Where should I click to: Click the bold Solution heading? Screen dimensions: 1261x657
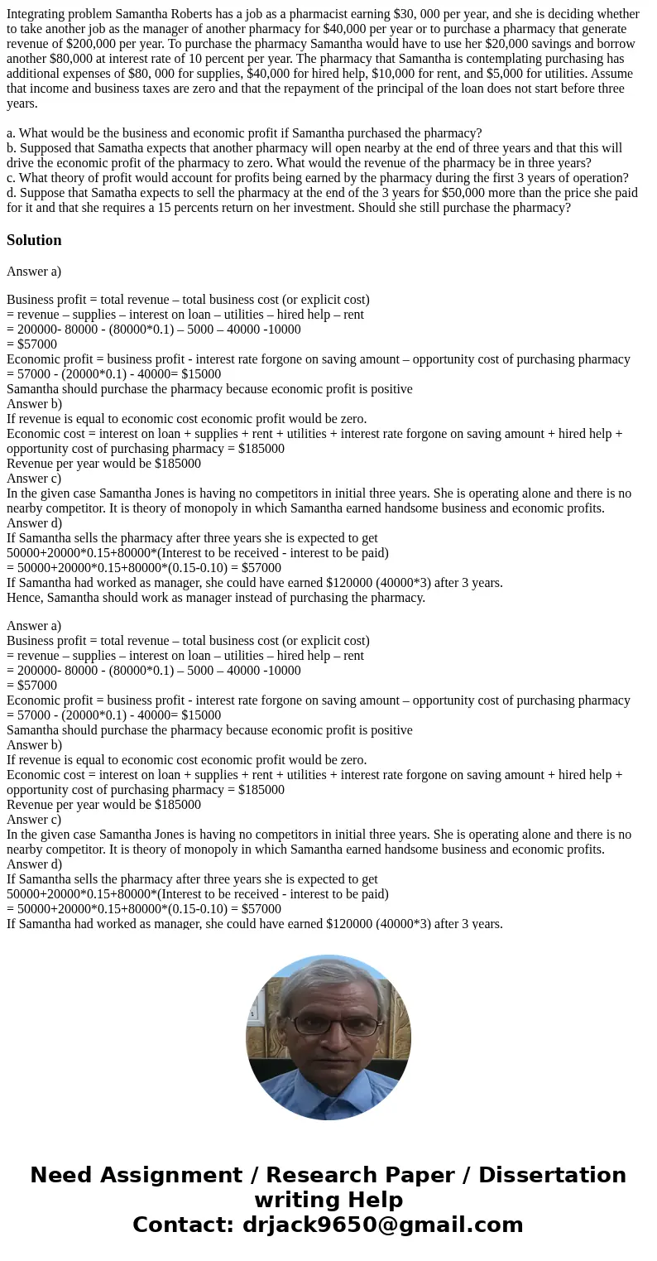coord(34,240)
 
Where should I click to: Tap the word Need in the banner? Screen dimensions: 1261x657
coord(62,1176)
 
